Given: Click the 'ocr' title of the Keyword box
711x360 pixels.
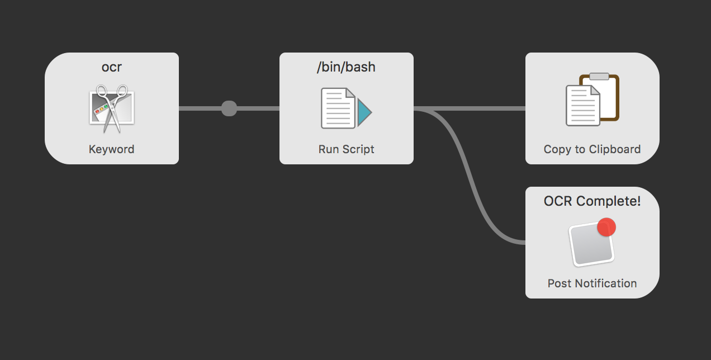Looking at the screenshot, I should (x=111, y=68).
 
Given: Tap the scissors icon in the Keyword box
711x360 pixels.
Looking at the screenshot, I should (x=112, y=108).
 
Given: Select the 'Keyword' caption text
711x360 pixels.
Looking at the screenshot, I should (x=111, y=149).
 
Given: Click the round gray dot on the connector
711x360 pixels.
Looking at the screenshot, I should (x=229, y=108).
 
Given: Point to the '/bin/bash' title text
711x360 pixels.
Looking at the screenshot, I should (x=346, y=68).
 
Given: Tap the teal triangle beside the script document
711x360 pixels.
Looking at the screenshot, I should (x=364, y=109).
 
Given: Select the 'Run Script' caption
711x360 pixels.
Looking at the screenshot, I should (x=346, y=149).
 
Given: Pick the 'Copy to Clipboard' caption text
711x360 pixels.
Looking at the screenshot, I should (x=592, y=149).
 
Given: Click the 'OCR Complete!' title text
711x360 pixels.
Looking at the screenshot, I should (x=592, y=201).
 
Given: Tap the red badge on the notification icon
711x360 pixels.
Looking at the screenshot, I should (x=606, y=227).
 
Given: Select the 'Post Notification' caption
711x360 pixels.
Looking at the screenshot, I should (x=592, y=283).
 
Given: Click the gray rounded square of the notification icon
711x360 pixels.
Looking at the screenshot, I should (x=590, y=246).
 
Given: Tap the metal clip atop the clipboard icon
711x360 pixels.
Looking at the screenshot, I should (x=599, y=77).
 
